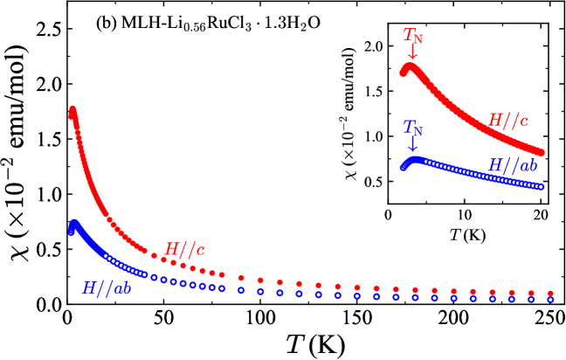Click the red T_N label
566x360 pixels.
(412, 36)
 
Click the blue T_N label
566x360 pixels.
(412, 128)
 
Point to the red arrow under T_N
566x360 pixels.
(412, 53)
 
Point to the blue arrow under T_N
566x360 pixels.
(412, 144)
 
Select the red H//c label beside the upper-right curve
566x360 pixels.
(507, 121)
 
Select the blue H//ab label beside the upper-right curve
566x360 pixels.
(512, 165)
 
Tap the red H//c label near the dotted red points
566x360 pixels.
(184, 249)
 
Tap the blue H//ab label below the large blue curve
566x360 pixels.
(107, 288)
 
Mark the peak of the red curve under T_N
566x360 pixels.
(409, 66)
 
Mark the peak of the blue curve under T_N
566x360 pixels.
(415, 159)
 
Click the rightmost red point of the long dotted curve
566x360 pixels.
(550, 294)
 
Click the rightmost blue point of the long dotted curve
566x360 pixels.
(550, 300)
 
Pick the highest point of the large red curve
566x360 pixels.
(72, 109)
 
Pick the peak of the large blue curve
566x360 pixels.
(74, 223)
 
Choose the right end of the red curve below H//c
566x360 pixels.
(542, 154)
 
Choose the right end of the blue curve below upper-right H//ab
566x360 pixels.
(542, 187)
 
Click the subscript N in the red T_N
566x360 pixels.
(418, 39)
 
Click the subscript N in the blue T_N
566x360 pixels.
(418, 131)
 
